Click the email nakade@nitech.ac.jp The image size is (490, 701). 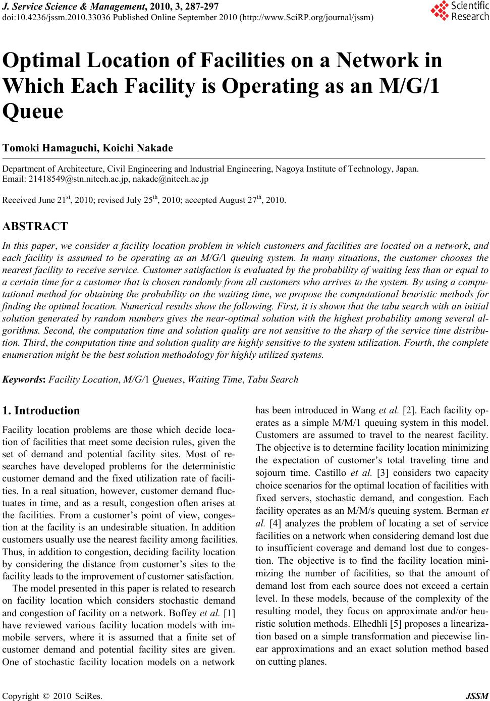(x=170, y=179)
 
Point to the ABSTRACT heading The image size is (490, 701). (x=35, y=226)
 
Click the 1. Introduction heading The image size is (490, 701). (x=41, y=410)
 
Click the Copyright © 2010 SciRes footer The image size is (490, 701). (x=52, y=696)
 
